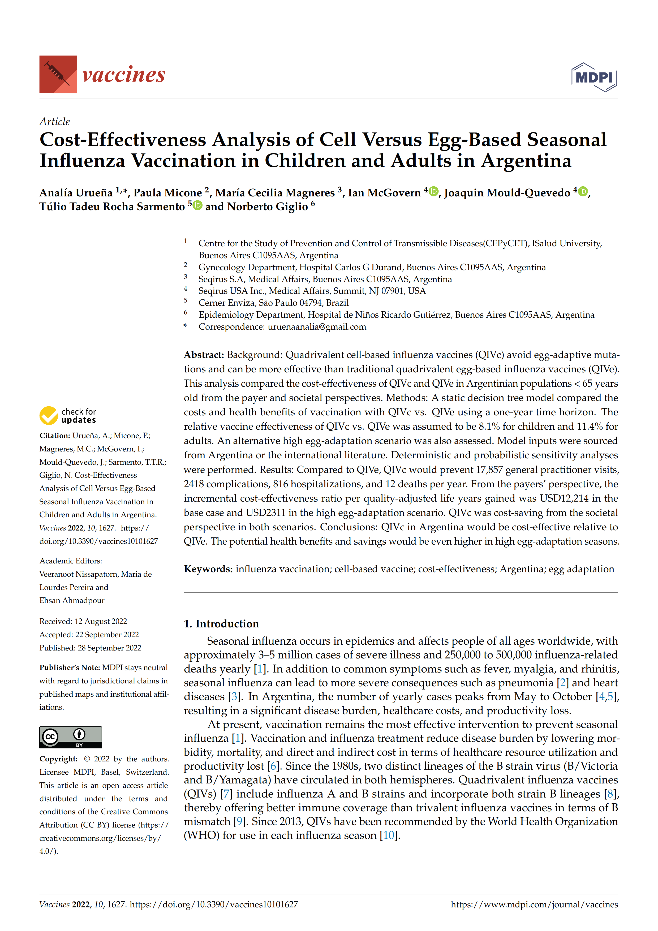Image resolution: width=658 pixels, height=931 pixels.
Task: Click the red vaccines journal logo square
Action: click(58, 74)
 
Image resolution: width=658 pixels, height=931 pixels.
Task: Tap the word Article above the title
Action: click(54, 122)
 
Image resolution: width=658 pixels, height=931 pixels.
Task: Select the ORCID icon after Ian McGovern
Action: click(433, 191)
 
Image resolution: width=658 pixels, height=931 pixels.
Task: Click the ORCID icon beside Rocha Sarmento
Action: click(197, 205)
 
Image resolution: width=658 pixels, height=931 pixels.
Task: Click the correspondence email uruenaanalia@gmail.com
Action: click(317, 327)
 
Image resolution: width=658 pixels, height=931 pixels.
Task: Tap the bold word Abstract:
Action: click(204, 355)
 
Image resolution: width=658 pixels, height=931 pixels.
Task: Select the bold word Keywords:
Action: click(208, 569)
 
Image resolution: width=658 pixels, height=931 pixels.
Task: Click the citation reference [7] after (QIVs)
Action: click(226, 794)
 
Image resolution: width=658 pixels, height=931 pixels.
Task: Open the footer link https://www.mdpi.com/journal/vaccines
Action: click(534, 904)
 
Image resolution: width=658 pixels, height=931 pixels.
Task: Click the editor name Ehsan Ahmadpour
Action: click(72, 600)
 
